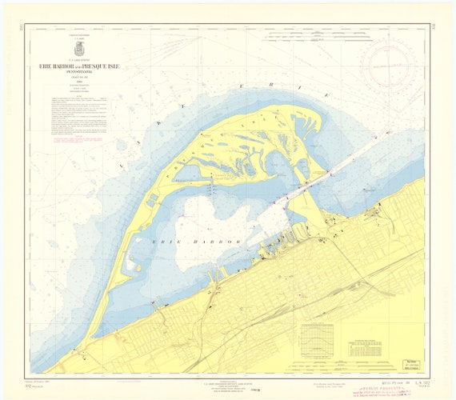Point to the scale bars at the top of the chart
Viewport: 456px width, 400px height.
click(x=336, y=36)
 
